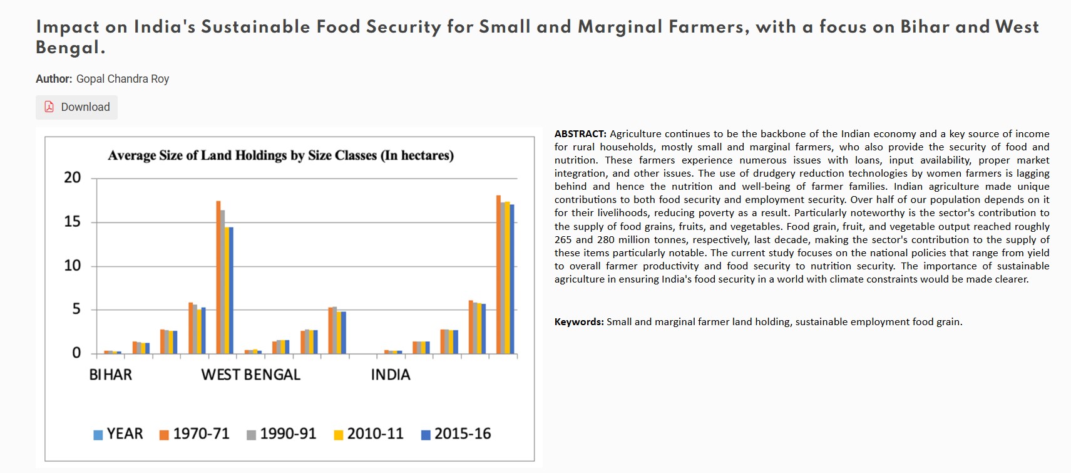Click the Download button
pos(76,107)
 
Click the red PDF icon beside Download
pos(49,107)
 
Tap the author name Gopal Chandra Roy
pos(123,79)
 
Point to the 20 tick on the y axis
pos(73,178)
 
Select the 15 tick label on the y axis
pos(73,222)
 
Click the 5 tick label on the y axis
pos(76,309)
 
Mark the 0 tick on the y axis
pos(76,353)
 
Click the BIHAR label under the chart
pos(111,375)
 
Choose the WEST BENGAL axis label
pos(250,375)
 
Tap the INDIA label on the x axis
pos(391,375)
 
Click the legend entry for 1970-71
pos(194,434)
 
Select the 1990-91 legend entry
pos(281,434)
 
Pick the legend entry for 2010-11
pos(368,434)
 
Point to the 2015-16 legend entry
pos(456,434)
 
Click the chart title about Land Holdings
pos(280,155)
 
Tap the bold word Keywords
pos(579,322)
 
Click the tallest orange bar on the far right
pos(498,276)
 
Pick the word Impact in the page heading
pos(67,27)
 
